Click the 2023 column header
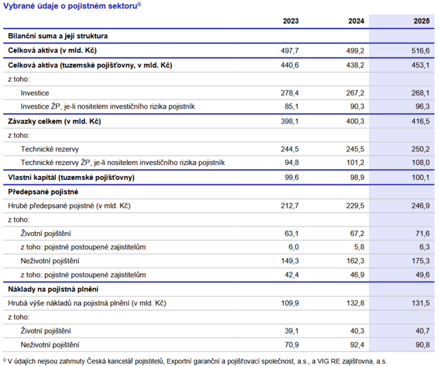pyautogui.click(x=290, y=21)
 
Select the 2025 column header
pyautogui.click(x=422, y=21)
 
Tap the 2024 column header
pyautogui.click(x=356, y=21)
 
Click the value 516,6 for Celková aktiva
pyautogui.click(x=420, y=51)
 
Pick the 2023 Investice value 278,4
pyautogui.click(x=290, y=93)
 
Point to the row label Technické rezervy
pyautogui.click(x=50, y=149)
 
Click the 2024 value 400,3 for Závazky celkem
pyautogui.click(x=355, y=122)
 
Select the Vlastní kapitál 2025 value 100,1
pyautogui.click(x=420, y=177)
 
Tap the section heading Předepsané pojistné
pyautogui.click(x=43, y=192)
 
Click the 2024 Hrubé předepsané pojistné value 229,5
pyautogui.click(x=355, y=206)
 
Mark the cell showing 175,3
pyautogui.click(x=420, y=261)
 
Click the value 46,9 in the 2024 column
pyautogui.click(x=357, y=275)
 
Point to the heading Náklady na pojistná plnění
pyautogui.click(x=53, y=289)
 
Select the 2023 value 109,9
pyautogui.click(x=290, y=304)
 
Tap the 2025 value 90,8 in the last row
pyautogui.click(x=422, y=345)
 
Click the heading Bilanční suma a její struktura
pyautogui.click(x=58, y=36)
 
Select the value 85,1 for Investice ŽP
pyautogui.click(x=292, y=107)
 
